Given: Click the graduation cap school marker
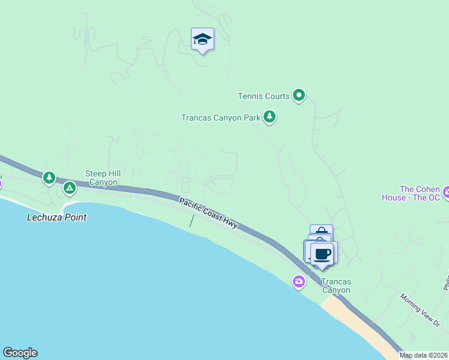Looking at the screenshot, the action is (x=202, y=40).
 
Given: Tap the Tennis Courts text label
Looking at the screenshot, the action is (x=264, y=96).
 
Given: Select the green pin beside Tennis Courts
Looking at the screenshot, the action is (x=299, y=95).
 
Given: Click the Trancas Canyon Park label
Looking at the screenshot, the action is (x=220, y=118).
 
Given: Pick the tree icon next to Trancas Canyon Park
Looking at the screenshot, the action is (x=270, y=116).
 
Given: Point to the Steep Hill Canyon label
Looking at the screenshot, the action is (x=103, y=178).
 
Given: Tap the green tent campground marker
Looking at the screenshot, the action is (x=70, y=188).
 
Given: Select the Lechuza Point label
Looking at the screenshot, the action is (x=56, y=217).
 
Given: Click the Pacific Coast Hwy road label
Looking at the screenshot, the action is (x=208, y=213).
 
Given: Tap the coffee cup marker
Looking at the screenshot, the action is (x=324, y=253).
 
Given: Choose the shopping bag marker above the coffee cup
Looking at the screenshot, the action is (x=322, y=230).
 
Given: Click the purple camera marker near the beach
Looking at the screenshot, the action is (x=299, y=281).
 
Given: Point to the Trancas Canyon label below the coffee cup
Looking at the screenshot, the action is (x=335, y=286).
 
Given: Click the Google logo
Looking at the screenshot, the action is (x=20, y=353).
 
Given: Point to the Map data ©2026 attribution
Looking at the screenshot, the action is (x=423, y=355).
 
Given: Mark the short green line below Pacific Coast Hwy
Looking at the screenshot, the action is (x=191, y=221).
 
